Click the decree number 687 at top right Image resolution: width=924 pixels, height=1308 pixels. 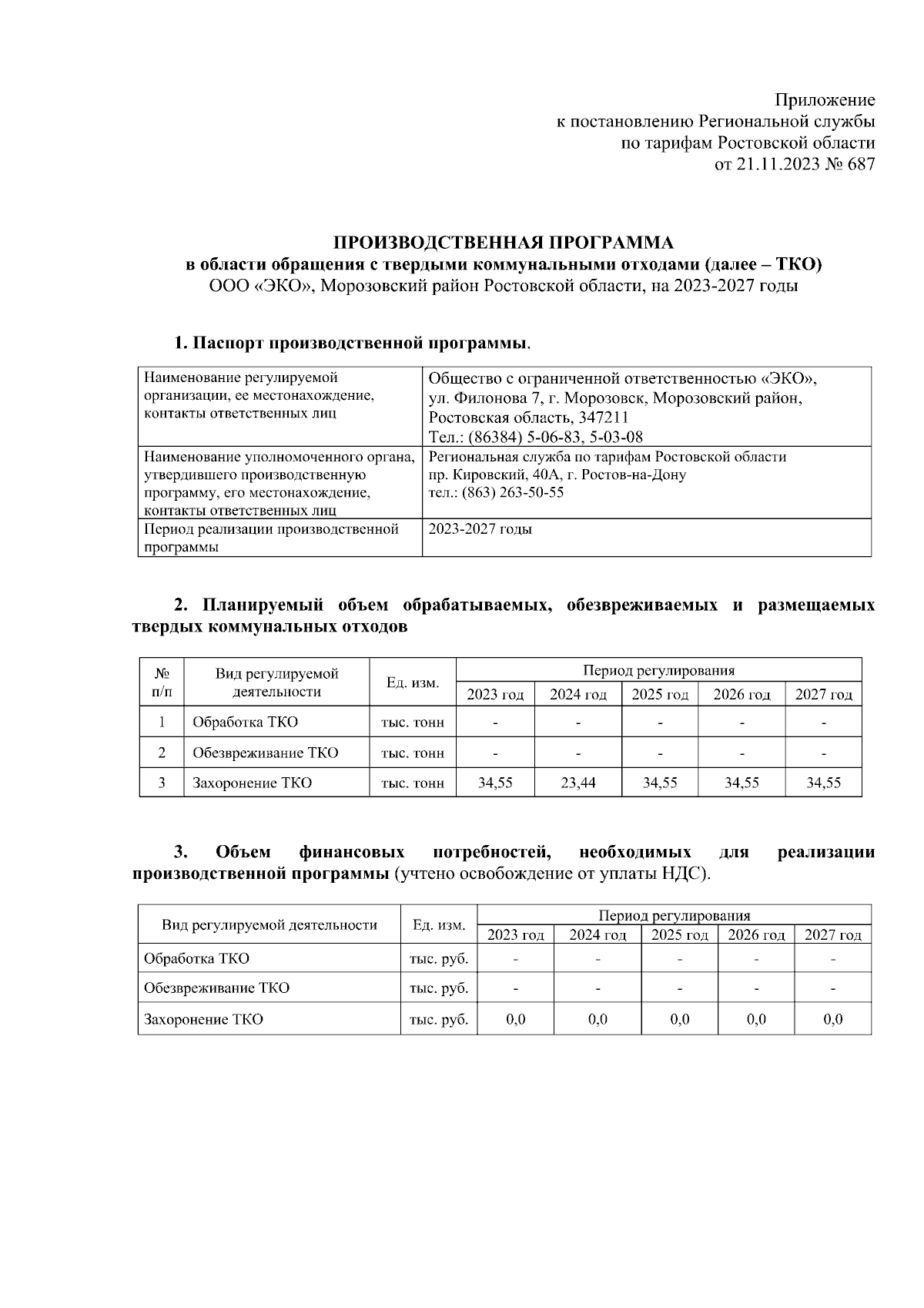click(x=861, y=164)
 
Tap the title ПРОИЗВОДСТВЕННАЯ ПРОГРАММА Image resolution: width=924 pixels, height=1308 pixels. click(x=504, y=243)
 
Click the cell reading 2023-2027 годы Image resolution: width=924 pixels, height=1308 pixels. click(x=480, y=529)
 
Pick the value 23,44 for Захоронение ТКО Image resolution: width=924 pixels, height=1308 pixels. click(x=577, y=783)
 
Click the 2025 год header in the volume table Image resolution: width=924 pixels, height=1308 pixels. click(x=659, y=694)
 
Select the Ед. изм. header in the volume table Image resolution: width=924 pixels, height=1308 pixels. click(x=413, y=683)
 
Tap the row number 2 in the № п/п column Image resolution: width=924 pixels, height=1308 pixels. click(x=162, y=753)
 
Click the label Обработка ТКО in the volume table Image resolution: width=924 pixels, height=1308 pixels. click(x=245, y=723)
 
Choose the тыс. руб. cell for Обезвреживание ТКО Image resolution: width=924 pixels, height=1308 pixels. click(x=439, y=988)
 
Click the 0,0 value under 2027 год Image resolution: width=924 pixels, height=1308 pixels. click(x=832, y=1019)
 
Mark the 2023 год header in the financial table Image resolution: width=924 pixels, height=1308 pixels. click(x=515, y=934)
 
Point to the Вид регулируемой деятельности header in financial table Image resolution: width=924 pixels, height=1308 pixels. click(x=269, y=924)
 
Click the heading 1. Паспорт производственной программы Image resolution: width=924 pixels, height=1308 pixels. click(x=352, y=343)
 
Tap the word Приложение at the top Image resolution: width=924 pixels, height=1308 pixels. click(x=824, y=100)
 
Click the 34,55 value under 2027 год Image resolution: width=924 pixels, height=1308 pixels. click(x=823, y=783)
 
